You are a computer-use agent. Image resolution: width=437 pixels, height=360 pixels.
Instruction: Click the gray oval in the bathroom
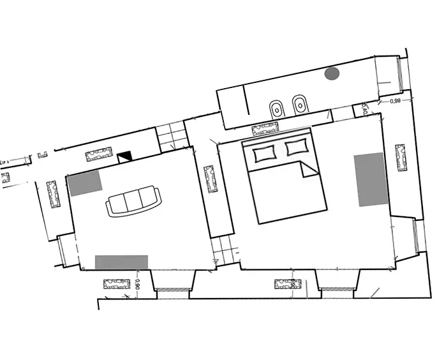[332, 73]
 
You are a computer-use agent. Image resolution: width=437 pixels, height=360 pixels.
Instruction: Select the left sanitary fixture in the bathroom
[276, 108]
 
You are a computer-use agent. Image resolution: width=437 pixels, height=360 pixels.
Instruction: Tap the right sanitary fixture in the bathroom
[299, 106]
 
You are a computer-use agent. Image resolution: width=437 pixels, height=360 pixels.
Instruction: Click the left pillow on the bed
[265, 153]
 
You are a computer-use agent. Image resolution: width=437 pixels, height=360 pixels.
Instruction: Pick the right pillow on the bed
[296, 147]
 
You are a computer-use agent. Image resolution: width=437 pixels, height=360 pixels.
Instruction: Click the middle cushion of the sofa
[133, 202]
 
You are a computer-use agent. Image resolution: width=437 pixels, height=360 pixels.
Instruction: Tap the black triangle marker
[123, 154]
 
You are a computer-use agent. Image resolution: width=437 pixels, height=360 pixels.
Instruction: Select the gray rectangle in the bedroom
[371, 179]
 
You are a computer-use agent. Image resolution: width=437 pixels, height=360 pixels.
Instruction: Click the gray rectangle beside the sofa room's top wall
[85, 183]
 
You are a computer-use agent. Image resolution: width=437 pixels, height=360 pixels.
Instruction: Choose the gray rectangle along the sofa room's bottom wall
[121, 262]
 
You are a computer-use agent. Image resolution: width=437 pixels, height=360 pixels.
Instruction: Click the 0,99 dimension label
[395, 101]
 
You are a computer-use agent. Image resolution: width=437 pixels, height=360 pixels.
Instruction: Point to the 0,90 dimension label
[138, 285]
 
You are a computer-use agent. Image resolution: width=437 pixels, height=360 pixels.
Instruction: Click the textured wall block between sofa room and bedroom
[210, 179]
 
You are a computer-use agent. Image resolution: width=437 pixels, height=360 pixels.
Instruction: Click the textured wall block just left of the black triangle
[98, 154]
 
